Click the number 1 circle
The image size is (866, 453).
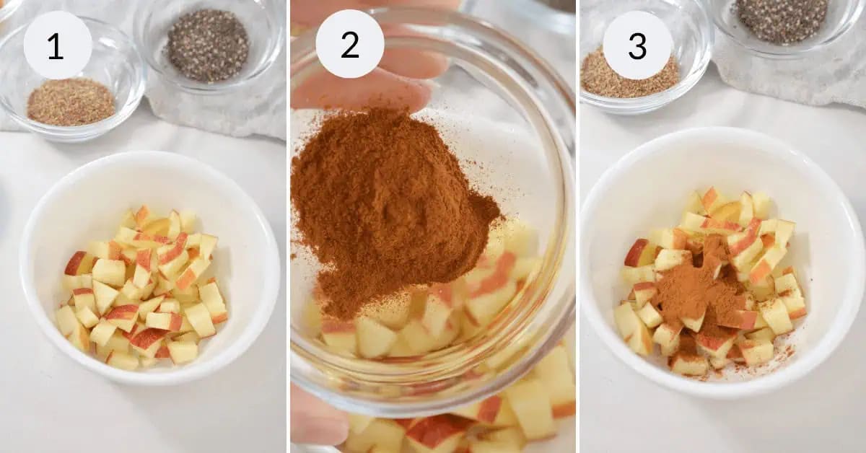[57, 45]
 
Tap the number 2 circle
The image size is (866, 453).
[349, 45]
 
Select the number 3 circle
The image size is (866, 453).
[637, 45]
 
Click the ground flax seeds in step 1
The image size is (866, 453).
[71, 102]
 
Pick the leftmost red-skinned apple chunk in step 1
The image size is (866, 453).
[76, 263]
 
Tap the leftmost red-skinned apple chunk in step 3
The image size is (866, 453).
[637, 253]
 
